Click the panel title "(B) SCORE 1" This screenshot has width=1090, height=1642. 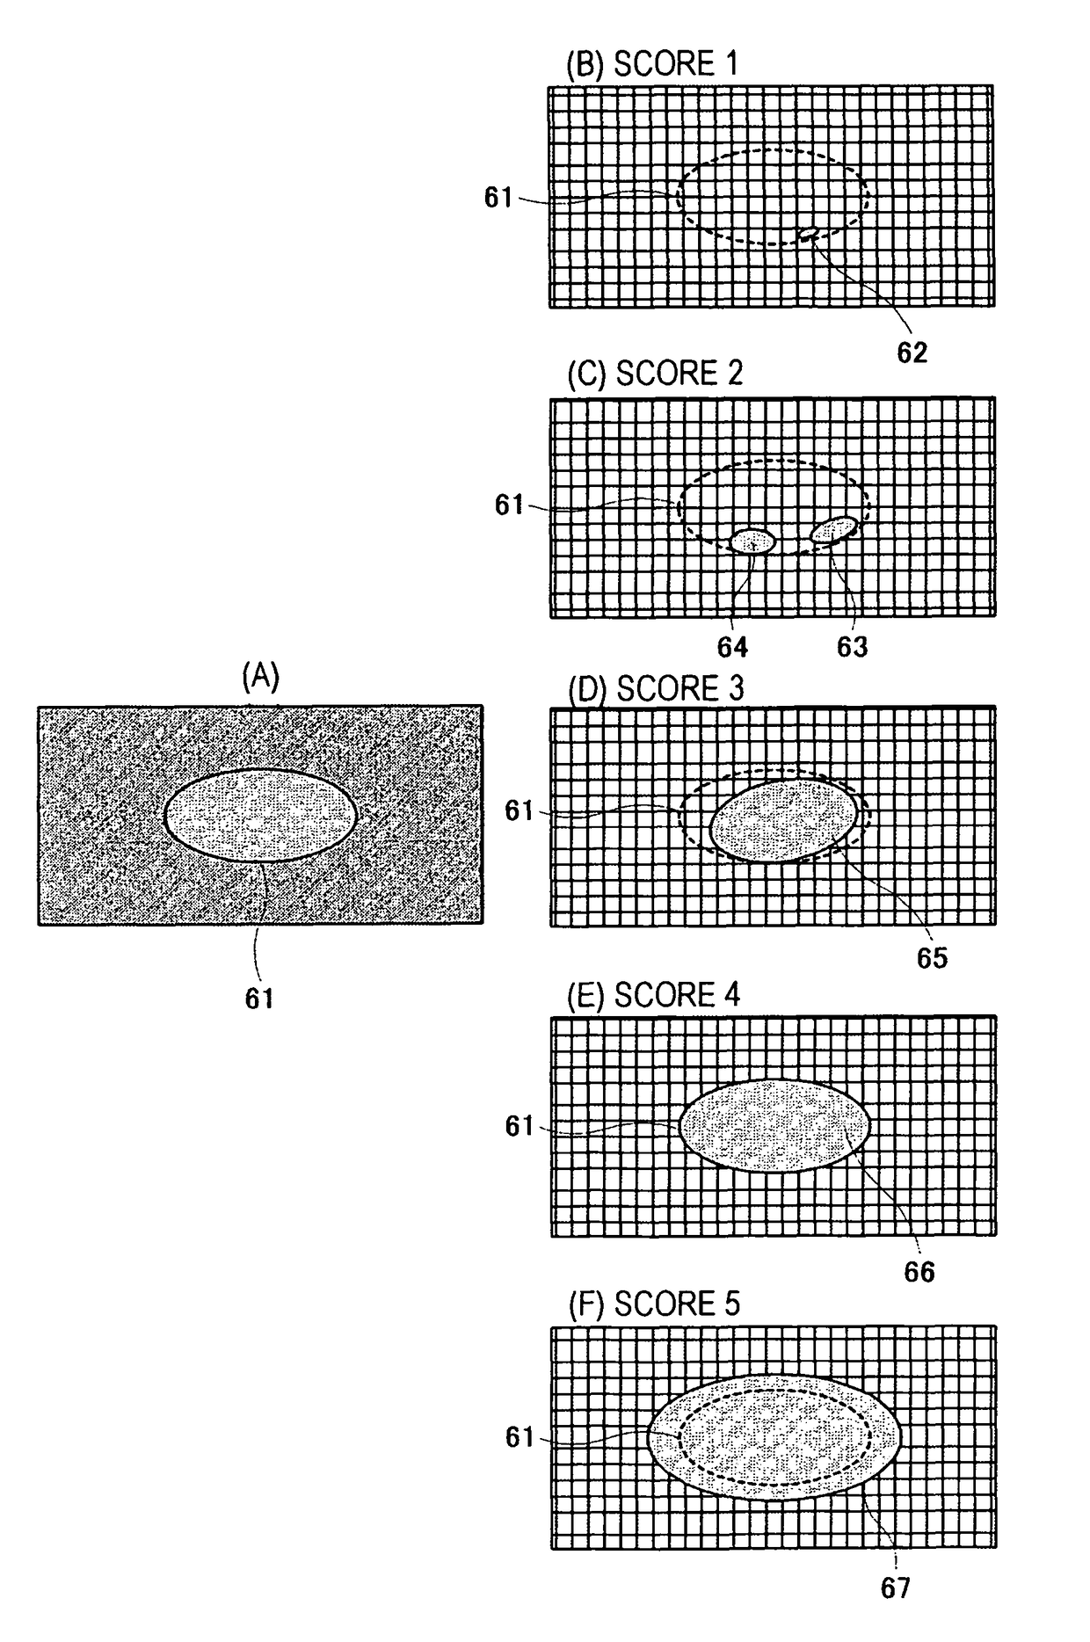pos(651,64)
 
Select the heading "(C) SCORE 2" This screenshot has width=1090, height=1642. pos(655,374)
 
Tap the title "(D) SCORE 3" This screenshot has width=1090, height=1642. pos(656,688)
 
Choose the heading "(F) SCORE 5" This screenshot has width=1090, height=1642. pos(654,1304)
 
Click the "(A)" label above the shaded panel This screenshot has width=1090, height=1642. pos(260,677)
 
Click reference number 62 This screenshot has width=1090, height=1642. pos(912,352)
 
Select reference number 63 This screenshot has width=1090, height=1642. pos(852,647)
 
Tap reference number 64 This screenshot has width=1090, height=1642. pos(732,647)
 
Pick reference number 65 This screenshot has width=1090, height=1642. pos(932,958)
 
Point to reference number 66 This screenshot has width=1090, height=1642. pos(919,1272)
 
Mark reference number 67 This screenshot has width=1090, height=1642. pos(895,1588)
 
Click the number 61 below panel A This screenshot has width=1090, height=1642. pos(259,999)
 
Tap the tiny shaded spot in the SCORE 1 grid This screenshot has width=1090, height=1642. pos(808,232)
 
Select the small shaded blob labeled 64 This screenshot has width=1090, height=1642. pos(752,541)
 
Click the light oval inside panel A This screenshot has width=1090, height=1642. pos(260,815)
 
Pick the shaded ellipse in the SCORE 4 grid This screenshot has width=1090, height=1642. pos(774,1125)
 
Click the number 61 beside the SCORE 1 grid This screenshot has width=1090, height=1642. pos(498,198)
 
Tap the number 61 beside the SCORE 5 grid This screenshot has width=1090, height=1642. pos(520,1437)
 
